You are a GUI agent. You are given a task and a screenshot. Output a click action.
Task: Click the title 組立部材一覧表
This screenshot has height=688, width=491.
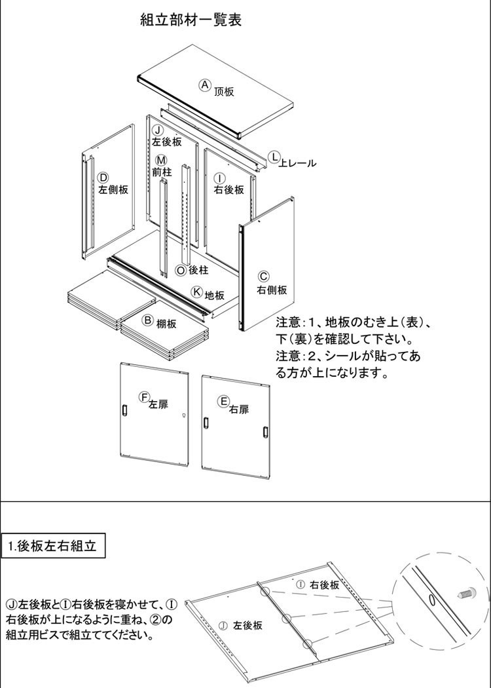(x=191, y=20)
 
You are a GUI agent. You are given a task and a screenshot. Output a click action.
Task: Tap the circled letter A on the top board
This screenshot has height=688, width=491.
(x=205, y=85)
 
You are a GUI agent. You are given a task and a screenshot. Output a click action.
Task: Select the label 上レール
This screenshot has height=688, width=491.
(x=298, y=163)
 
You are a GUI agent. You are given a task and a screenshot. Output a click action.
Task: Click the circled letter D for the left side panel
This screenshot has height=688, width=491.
(x=103, y=178)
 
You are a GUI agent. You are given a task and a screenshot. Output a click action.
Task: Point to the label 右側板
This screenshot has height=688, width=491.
(x=272, y=290)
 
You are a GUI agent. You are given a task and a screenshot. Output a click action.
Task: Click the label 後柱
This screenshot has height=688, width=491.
(x=198, y=270)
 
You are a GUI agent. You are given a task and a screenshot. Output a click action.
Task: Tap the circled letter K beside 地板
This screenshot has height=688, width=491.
(x=198, y=292)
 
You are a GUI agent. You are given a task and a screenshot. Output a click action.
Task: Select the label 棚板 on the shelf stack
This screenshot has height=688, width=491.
(x=166, y=324)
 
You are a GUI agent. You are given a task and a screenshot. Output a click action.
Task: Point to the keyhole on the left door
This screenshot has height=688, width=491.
(x=184, y=415)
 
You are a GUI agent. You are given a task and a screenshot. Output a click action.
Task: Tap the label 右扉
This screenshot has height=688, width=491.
(x=239, y=410)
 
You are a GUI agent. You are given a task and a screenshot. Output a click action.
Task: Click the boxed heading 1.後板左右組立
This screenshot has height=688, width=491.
(x=54, y=546)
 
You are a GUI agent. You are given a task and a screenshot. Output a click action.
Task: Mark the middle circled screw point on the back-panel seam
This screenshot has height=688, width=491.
(x=286, y=619)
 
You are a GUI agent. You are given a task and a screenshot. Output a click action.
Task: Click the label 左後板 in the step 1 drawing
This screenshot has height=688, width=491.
(x=247, y=625)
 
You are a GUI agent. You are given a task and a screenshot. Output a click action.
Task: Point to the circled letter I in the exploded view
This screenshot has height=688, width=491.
(x=220, y=178)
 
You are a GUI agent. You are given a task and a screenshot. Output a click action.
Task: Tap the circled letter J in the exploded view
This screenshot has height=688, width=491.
(x=158, y=130)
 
